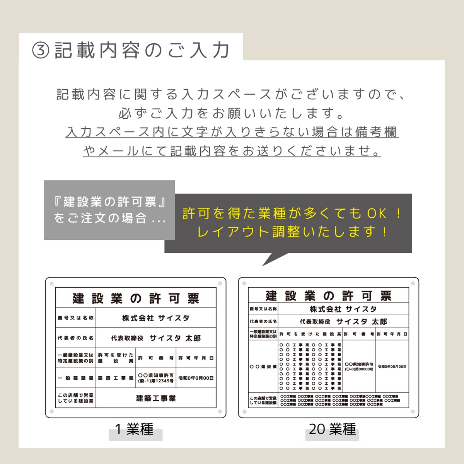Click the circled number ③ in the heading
41,50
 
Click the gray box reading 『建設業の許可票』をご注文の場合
109,210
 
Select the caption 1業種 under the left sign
135,429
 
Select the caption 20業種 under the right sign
332,429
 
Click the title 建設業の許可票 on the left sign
136,298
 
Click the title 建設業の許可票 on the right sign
329,296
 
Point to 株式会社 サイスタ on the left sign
156,318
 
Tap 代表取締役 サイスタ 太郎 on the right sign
343,321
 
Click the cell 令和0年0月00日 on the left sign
196,378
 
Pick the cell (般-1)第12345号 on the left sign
156,381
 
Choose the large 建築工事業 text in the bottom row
156,398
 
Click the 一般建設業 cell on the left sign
76,378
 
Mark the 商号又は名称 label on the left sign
76,318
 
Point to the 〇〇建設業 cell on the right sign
263,366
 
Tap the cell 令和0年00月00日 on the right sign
392,366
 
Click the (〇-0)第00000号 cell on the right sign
359,369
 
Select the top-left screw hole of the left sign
52,283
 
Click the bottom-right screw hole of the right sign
413,411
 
